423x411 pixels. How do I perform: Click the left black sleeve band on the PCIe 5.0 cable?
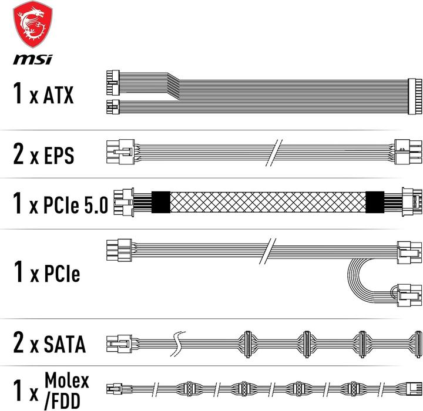pyautogui.click(x=160, y=203)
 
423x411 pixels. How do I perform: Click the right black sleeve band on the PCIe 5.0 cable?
pyautogui.click(x=374, y=203)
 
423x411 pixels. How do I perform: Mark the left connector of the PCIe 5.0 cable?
pyautogui.click(x=125, y=203)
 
